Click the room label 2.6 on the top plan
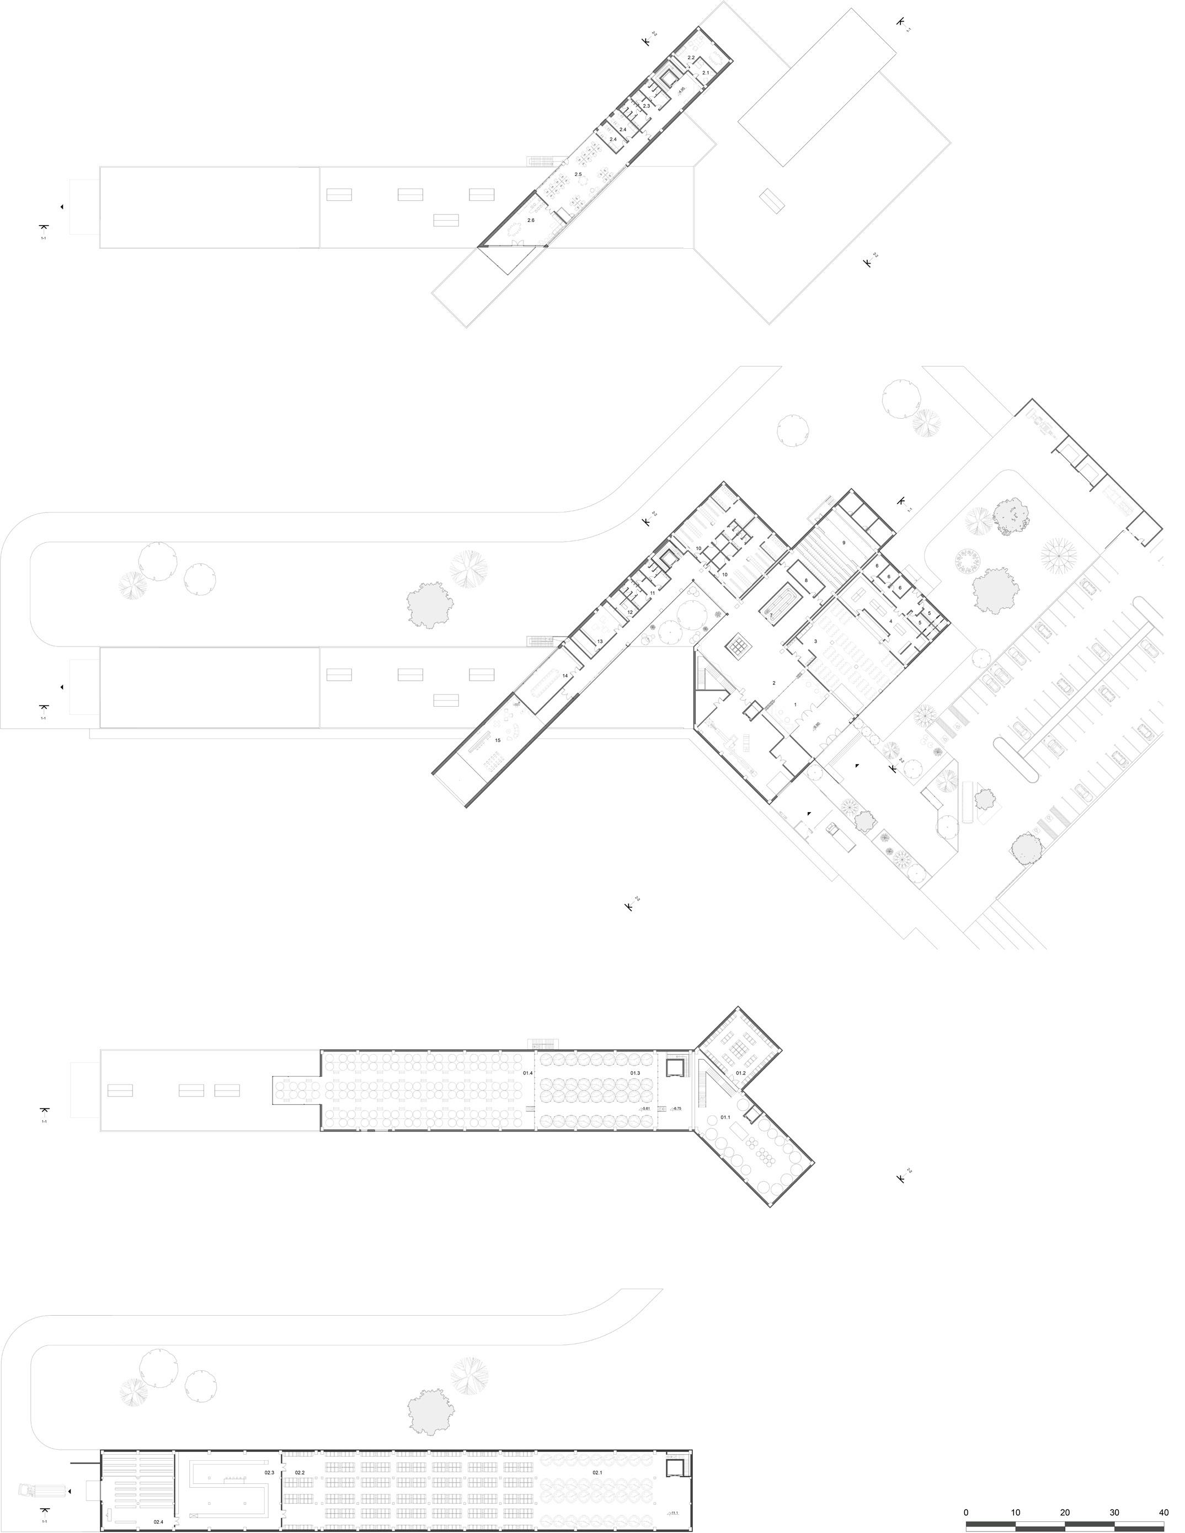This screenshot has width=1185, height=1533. (x=531, y=221)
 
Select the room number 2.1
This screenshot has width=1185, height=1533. (x=706, y=72)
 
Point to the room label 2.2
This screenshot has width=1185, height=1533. (x=691, y=57)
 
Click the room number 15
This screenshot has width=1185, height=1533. (x=498, y=740)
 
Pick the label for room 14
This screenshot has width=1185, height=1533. (x=564, y=675)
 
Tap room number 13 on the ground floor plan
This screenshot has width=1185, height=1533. (x=600, y=641)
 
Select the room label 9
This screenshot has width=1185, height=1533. (x=844, y=543)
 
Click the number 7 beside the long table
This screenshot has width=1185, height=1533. (x=771, y=615)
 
